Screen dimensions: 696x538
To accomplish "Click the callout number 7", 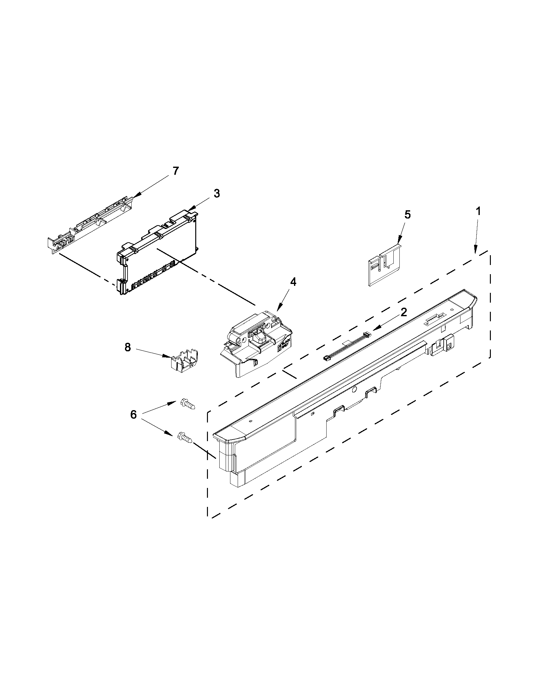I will (x=176, y=171).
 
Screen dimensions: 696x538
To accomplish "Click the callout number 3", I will (x=216, y=194).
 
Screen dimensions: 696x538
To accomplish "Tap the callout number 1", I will (x=479, y=211).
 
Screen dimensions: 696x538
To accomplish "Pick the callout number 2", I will (x=404, y=312).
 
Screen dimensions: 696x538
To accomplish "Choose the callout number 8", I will (x=128, y=347).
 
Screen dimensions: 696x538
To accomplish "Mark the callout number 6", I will (x=133, y=414).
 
